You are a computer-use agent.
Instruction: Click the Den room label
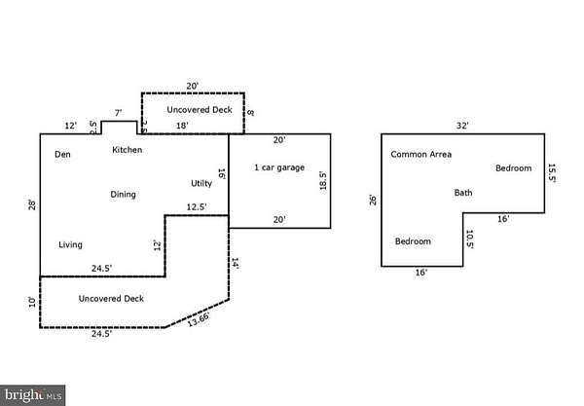(x=62, y=154)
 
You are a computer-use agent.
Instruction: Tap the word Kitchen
(x=128, y=150)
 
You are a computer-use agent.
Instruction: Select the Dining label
(x=123, y=195)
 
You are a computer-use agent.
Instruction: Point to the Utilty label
(x=201, y=183)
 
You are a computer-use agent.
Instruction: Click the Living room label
(x=70, y=244)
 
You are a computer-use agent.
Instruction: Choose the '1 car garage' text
(x=279, y=167)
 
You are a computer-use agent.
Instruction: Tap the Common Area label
(x=420, y=154)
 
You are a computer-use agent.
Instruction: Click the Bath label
(x=463, y=193)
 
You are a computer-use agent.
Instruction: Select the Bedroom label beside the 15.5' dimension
(x=513, y=168)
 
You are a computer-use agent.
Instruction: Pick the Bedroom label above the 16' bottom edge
(x=413, y=240)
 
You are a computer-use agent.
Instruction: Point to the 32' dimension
(x=462, y=126)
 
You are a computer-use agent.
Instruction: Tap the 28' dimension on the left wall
(x=32, y=204)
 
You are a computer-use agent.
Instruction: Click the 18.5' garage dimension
(x=322, y=180)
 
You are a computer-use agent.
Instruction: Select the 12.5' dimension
(x=198, y=206)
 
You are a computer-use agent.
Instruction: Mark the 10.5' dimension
(x=469, y=240)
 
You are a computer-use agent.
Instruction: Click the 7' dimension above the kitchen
(x=118, y=114)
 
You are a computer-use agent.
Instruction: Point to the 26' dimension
(x=373, y=201)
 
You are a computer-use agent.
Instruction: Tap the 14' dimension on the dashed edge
(x=236, y=263)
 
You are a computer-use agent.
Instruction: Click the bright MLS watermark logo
(x=33, y=395)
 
